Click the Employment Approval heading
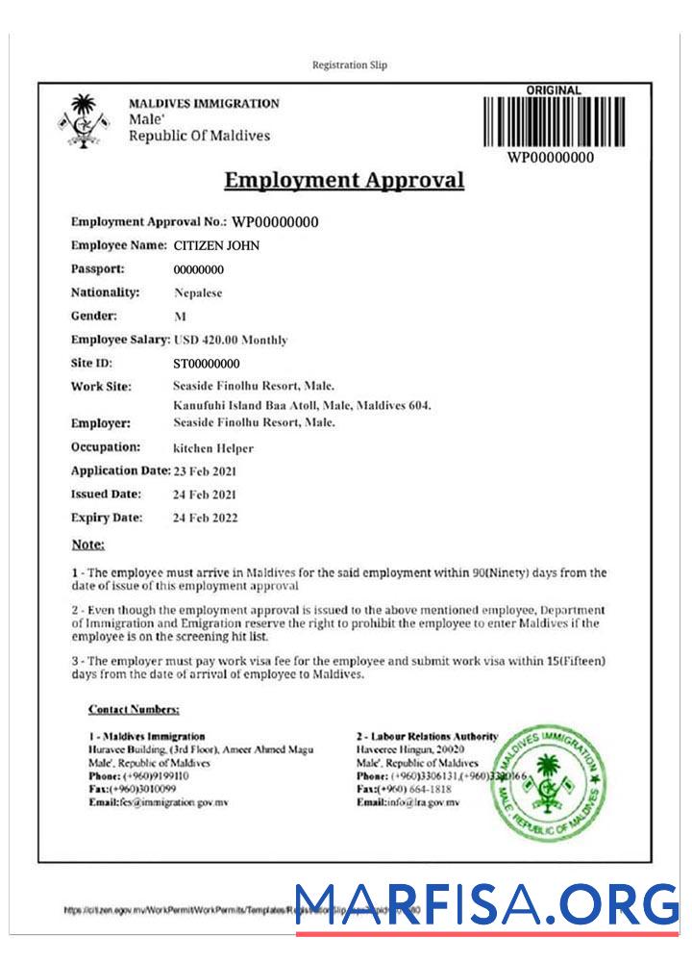343,180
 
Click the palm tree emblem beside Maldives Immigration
86,119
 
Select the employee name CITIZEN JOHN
216,245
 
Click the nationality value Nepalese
198,292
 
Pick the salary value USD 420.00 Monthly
231,340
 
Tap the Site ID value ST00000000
207,364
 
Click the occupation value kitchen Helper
212,448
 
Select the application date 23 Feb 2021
205,471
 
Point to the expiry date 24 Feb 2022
205,518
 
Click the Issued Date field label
107,494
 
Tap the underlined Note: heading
88,544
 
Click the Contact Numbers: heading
134,710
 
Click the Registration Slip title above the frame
350,65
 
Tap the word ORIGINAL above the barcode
554,90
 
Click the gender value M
180,316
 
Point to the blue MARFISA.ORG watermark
487,905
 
